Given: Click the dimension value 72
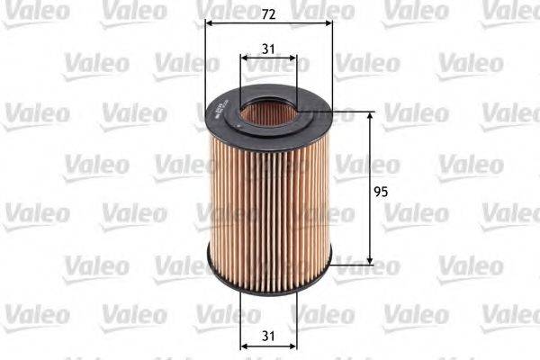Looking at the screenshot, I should [x=269, y=13].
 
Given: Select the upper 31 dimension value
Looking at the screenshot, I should [x=269, y=48].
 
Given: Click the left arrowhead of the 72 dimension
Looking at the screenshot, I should [x=210, y=23].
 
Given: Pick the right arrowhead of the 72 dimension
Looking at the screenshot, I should [x=328, y=23].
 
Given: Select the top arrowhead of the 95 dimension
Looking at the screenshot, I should [x=370, y=118].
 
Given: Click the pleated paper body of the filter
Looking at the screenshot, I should [x=269, y=198].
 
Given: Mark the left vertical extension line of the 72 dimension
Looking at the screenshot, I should [x=206, y=54].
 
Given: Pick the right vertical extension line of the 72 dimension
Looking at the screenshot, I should [x=332, y=54].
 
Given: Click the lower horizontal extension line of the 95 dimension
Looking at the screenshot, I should [x=351, y=265].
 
